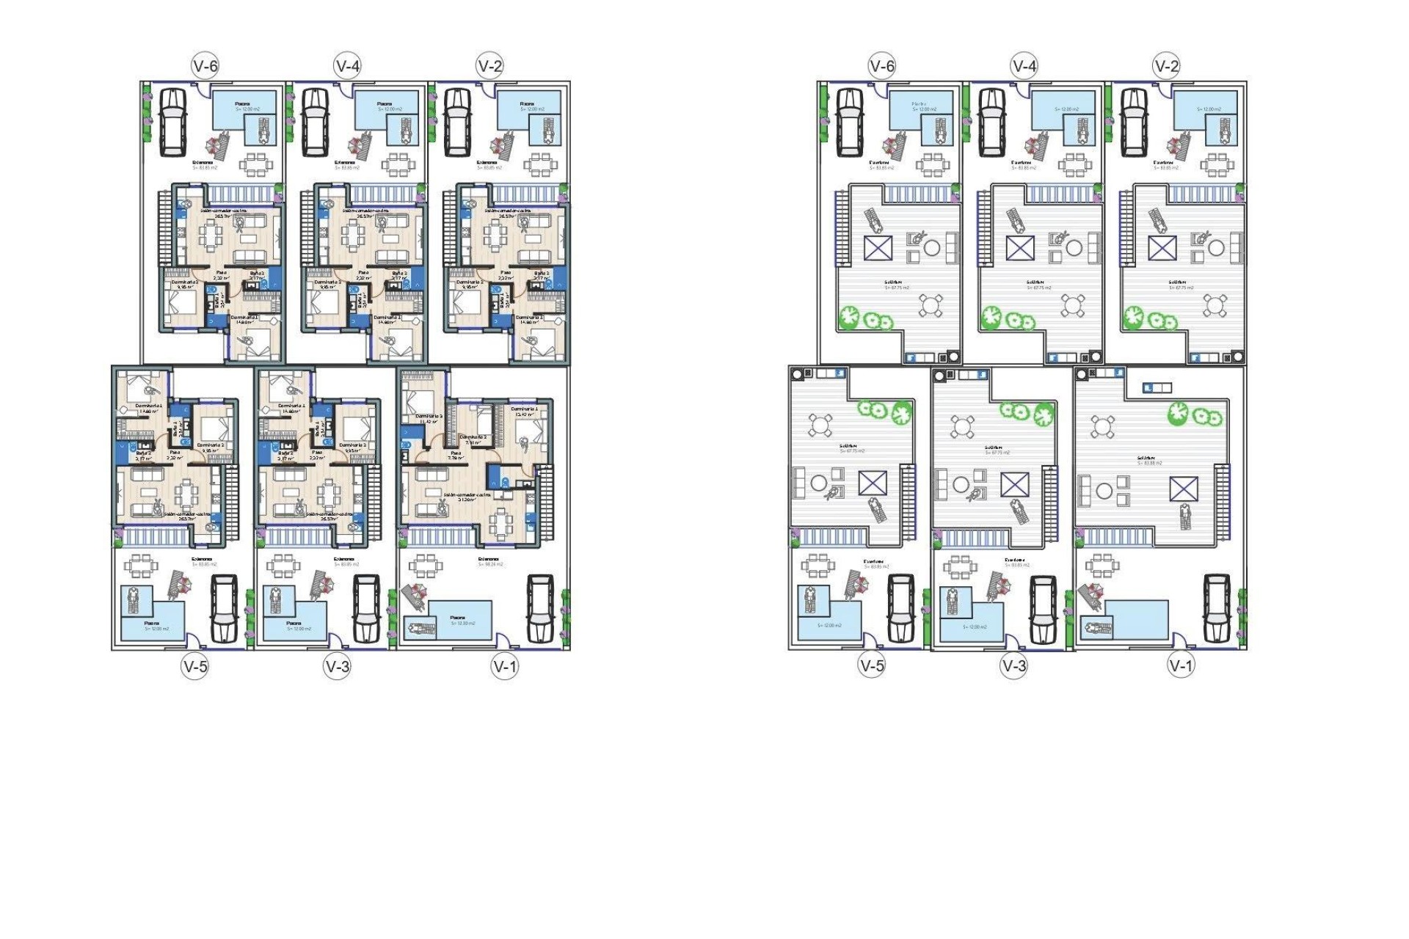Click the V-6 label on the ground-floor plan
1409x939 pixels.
pos(205,66)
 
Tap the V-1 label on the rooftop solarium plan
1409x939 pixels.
pos(1181,665)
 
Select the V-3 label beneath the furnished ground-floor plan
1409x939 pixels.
pos(338,666)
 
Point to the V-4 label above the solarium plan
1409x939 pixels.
pos(1024,66)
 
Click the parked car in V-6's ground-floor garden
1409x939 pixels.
pos(173,122)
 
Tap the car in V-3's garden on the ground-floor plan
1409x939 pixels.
pos(365,608)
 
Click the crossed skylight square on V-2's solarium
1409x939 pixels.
pos(1162,248)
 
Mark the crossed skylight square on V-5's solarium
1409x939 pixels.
pos(873,484)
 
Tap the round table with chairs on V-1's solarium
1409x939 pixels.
pos(1102,425)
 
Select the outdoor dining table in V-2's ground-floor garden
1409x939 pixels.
pos(540,164)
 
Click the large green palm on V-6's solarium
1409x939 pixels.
pos(848,317)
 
